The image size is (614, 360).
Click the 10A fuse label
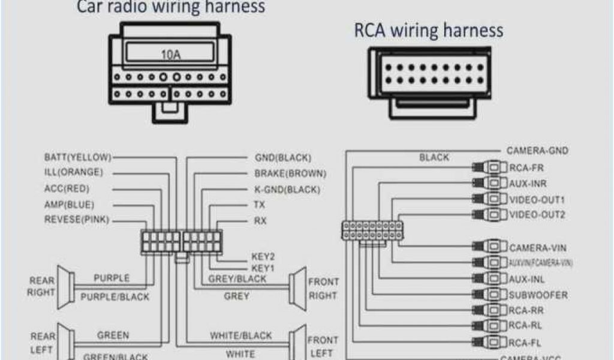pyautogui.click(x=170, y=55)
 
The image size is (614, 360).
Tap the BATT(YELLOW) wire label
pyautogui.click(x=78, y=157)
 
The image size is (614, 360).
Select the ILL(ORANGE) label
pyautogui.click(x=73, y=172)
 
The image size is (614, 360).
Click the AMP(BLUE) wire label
pyautogui.click(x=70, y=205)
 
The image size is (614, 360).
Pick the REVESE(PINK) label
pyautogui.click(x=77, y=220)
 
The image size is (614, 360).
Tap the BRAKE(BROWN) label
pyautogui.click(x=290, y=174)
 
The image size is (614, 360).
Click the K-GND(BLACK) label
pyautogui.click(x=287, y=190)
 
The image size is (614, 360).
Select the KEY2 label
pyautogui.click(x=263, y=256)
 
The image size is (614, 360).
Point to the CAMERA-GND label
pyautogui.click(x=537, y=151)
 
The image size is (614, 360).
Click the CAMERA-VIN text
pyautogui.click(x=538, y=247)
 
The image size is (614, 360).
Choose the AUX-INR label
pyautogui.click(x=527, y=183)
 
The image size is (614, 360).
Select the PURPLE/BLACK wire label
pyautogui.click(x=115, y=296)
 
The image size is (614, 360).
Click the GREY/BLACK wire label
pyautogui.click(x=237, y=279)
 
